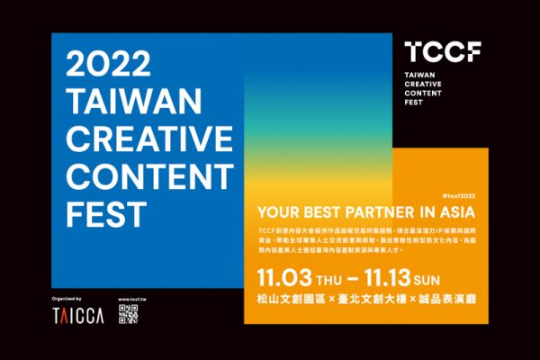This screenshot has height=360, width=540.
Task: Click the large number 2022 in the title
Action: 103,66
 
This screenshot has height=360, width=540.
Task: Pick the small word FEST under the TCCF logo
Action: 415,103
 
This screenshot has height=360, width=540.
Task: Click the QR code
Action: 130,315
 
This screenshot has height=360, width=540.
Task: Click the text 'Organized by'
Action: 67,297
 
